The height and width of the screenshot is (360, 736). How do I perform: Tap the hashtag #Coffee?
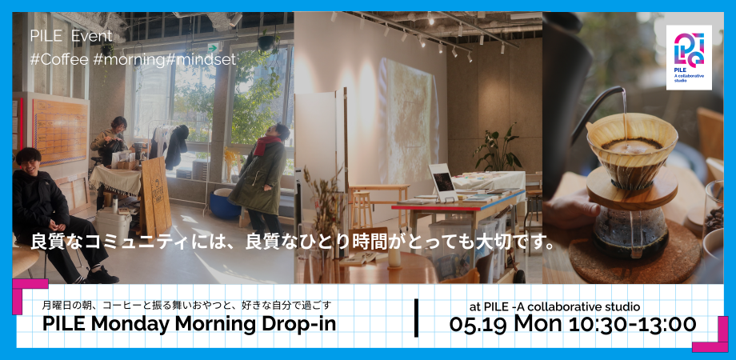[57, 58]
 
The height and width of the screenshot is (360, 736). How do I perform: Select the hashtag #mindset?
[202, 58]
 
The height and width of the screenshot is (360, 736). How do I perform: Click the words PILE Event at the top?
[70, 36]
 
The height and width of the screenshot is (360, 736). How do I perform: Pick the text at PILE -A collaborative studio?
[554, 306]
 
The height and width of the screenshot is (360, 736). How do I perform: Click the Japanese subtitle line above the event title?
[186, 305]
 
